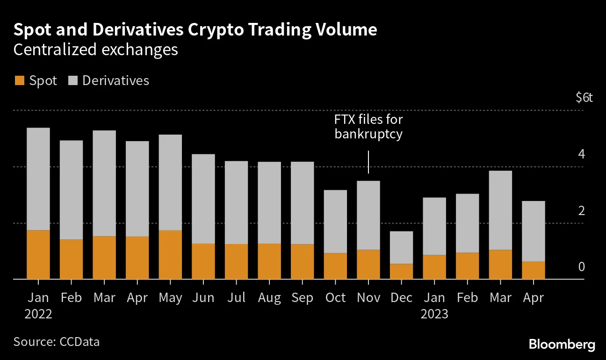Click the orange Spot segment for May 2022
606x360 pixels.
click(170, 254)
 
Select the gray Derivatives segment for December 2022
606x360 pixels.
click(401, 247)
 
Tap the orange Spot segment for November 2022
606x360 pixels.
click(368, 264)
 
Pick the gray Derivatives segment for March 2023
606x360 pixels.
click(500, 210)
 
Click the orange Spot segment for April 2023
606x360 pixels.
click(533, 270)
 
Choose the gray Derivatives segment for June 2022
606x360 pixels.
click(203, 199)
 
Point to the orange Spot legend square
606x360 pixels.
click(19, 81)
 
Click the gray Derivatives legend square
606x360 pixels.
click(72, 81)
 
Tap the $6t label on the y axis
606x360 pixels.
click(584, 98)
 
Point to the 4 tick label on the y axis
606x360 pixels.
click(582, 154)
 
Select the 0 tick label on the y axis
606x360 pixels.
click(582, 266)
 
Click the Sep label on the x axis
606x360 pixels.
click(302, 298)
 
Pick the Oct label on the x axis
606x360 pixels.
click(335, 298)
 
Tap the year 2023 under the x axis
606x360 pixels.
click(434, 314)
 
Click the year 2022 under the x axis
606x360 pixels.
click(38, 314)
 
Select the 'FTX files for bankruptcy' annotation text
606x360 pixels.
click(368, 127)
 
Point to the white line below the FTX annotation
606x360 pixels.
click(368, 162)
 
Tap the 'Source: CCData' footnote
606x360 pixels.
click(57, 342)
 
